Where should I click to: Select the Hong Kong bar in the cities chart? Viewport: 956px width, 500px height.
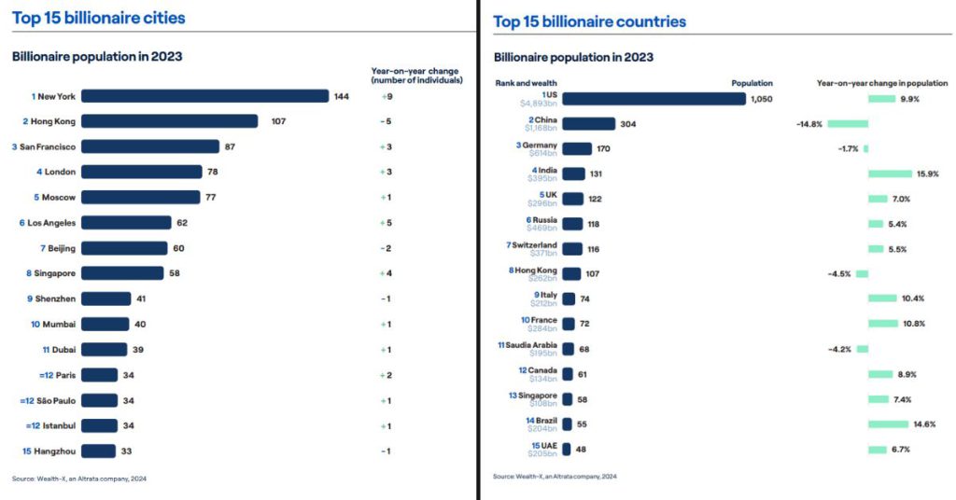[174, 121]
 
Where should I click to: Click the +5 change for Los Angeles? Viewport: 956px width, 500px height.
[386, 223]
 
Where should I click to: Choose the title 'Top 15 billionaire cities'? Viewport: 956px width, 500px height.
[98, 18]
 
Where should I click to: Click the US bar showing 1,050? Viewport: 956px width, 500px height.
[654, 99]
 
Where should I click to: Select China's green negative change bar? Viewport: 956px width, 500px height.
[847, 123]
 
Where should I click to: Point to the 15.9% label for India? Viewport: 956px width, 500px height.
[927, 174]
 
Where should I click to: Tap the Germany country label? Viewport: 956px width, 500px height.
[541, 146]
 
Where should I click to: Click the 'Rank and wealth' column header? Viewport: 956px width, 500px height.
[523, 83]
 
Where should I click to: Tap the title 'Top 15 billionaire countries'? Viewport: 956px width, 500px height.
[589, 21]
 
